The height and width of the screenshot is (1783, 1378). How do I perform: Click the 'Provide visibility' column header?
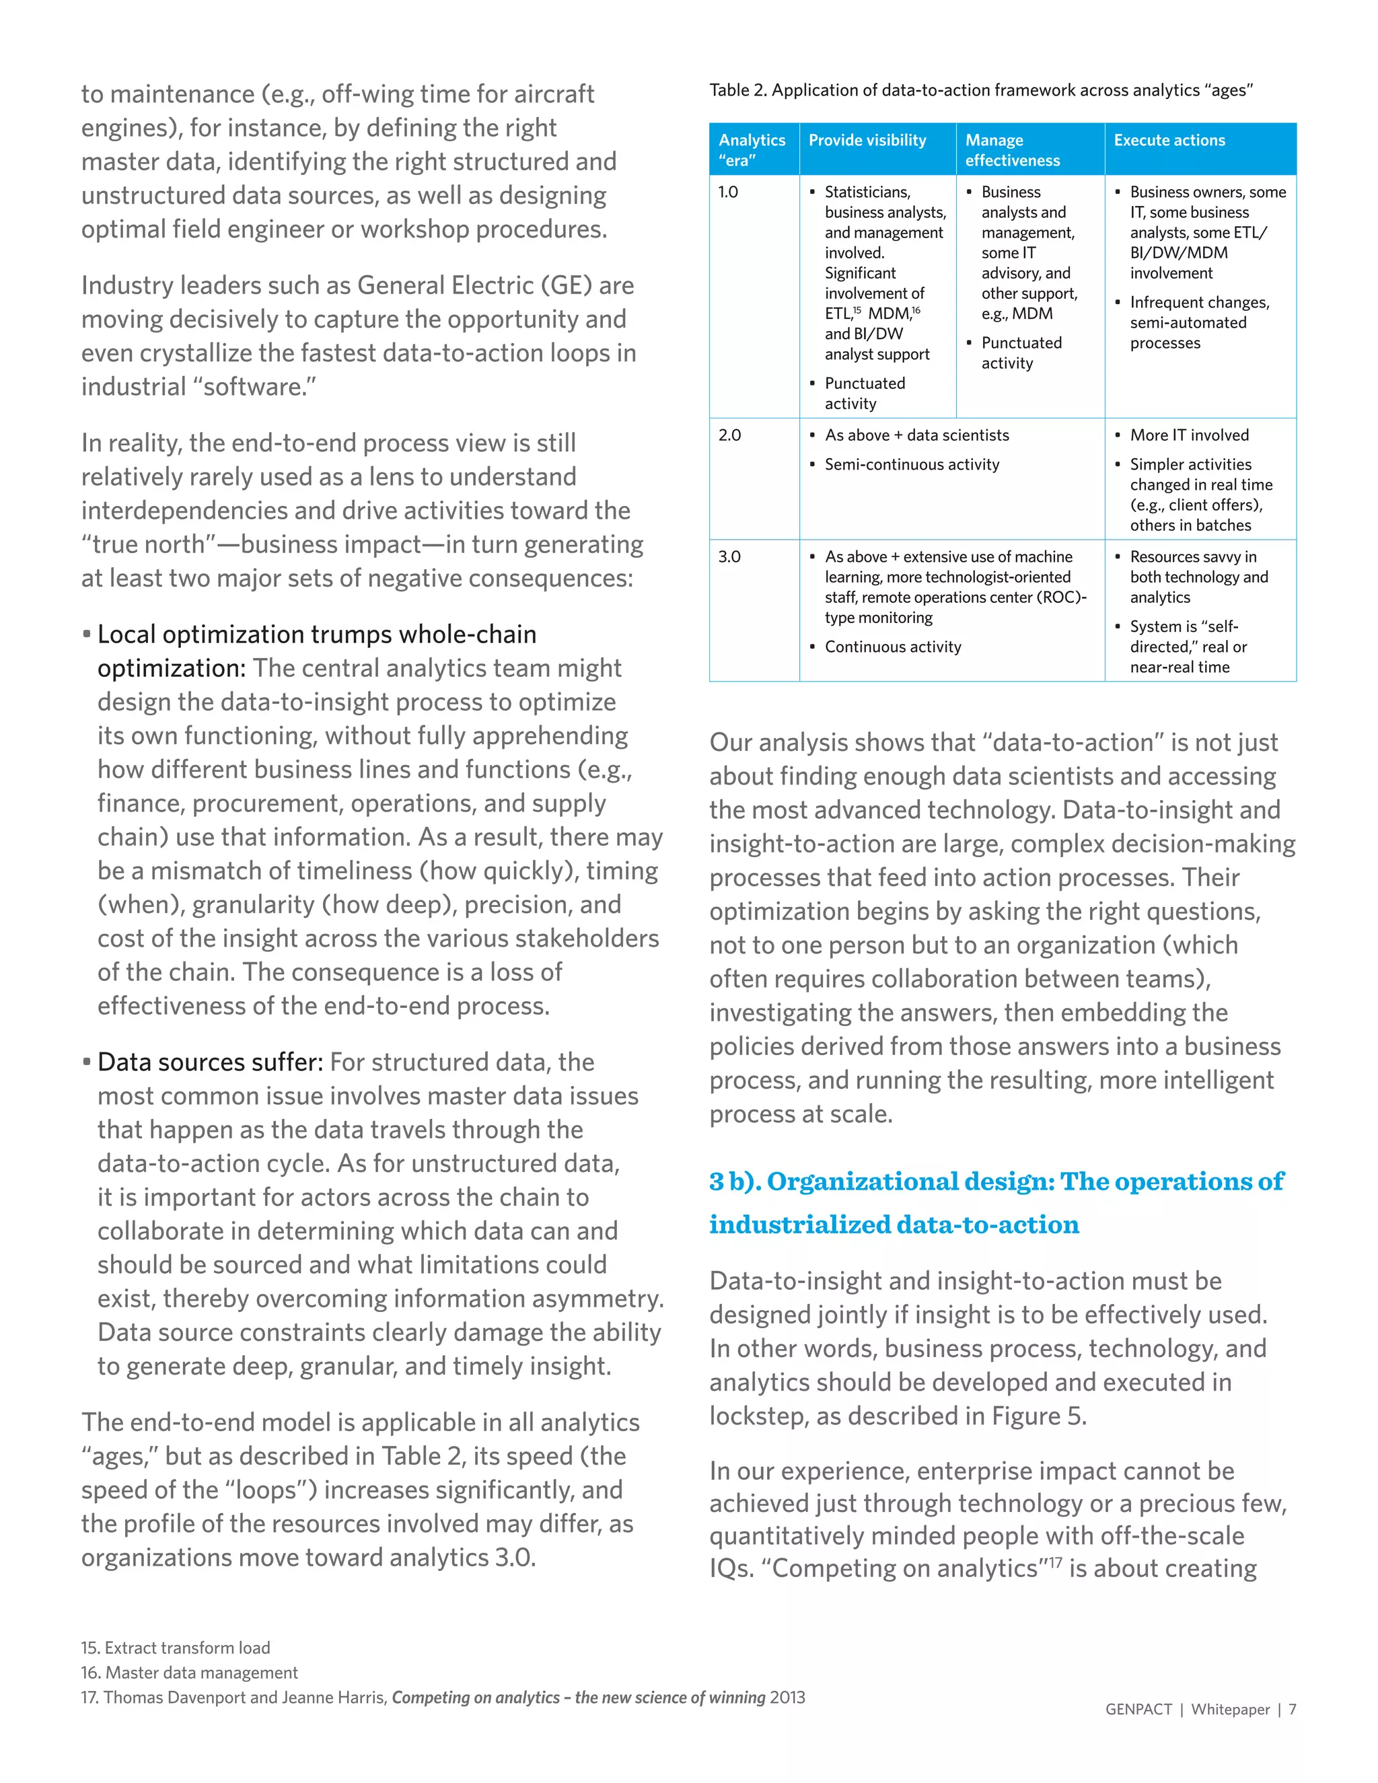coord(867,141)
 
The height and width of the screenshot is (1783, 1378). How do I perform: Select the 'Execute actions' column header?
coord(1169,141)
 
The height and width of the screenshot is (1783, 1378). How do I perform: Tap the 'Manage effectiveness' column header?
coord(1011,150)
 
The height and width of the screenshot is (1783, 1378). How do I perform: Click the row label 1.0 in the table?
coord(727,192)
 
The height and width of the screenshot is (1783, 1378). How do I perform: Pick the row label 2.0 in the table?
coord(729,435)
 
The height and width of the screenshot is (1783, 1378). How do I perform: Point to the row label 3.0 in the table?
coord(729,557)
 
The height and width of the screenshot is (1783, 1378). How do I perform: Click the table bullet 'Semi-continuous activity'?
coord(911,464)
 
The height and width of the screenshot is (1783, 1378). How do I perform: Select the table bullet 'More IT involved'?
coord(1189,435)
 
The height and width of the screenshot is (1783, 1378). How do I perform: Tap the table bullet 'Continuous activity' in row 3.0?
coord(892,647)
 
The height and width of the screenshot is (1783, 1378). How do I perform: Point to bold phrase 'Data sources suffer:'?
coord(210,1062)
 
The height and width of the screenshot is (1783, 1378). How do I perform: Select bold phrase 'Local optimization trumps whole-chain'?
coord(317,634)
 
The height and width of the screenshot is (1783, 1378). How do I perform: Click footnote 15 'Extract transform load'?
coord(176,1648)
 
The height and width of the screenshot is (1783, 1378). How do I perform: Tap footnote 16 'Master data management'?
coord(189,1672)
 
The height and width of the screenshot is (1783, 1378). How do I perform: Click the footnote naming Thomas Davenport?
coord(443,1698)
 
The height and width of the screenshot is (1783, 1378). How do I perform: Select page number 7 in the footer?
coord(1293,1710)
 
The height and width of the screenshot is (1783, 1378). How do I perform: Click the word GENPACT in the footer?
coord(1138,1710)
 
